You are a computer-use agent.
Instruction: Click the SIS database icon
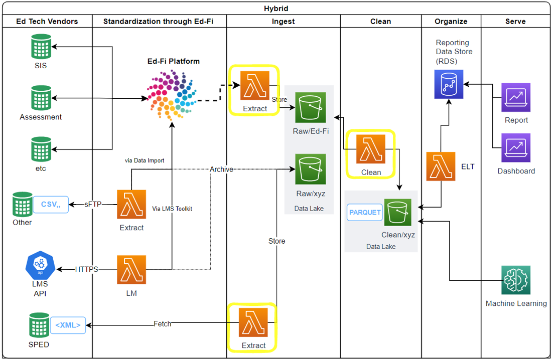(x=40, y=47)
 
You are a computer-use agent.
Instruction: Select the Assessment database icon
(x=40, y=98)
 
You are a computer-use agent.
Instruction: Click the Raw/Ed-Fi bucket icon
(x=310, y=107)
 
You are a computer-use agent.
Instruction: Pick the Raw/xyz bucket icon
(x=310, y=169)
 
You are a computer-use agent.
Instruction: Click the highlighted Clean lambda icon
(x=371, y=149)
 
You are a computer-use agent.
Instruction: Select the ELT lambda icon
(x=441, y=166)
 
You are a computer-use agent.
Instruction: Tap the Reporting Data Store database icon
(x=449, y=84)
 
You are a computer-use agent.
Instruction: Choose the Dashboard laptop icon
(x=516, y=148)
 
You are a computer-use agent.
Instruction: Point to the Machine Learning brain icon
(x=516, y=280)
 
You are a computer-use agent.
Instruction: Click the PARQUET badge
(x=365, y=212)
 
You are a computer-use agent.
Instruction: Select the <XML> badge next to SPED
(x=68, y=325)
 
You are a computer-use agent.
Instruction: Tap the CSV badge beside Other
(x=50, y=205)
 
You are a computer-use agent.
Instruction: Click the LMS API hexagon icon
(x=40, y=266)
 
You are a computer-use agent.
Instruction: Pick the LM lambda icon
(x=131, y=270)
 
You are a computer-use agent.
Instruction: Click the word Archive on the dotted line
(x=221, y=169)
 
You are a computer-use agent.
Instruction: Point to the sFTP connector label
(x=92, y=204)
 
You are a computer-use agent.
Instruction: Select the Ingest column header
(x=283, y=21)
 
